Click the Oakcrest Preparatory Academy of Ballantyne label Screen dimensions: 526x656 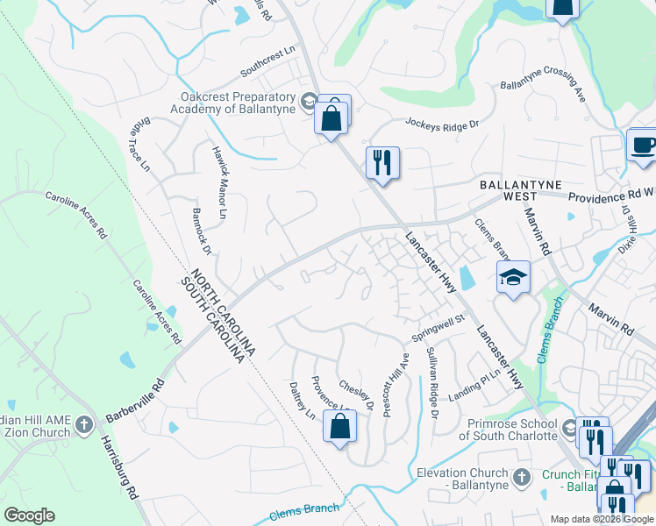pos(237,103)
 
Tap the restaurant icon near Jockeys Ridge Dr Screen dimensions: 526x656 pos(382,163)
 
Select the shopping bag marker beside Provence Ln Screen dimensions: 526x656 pos(340,427)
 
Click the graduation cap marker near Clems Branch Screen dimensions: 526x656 pos(513,278)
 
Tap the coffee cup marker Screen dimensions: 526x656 pos(643,145)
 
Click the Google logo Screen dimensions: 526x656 pos(29,515)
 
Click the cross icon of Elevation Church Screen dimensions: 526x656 pos(522,477)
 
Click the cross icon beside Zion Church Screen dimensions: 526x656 pos(84,425)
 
